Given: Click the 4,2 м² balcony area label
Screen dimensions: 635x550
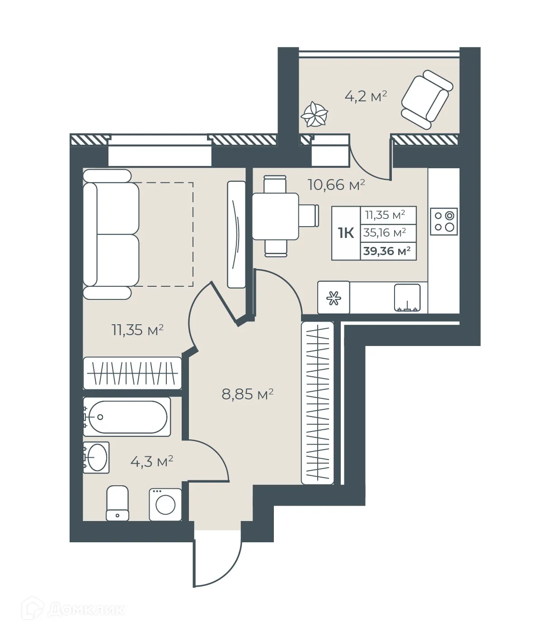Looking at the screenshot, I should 366,96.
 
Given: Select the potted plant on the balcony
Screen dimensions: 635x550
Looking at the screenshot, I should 314,114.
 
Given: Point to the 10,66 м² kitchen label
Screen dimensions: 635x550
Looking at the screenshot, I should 336,185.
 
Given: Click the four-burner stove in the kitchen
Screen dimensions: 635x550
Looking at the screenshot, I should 444,222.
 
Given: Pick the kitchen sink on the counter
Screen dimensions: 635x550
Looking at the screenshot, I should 407,298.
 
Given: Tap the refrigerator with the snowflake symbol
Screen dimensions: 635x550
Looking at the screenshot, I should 334,298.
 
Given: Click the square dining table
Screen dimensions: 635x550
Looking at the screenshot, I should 275,216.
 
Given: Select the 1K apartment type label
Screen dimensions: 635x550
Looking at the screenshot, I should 346,233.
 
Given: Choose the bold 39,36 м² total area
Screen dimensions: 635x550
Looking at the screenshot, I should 387,251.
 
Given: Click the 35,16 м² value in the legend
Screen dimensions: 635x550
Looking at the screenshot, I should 385,233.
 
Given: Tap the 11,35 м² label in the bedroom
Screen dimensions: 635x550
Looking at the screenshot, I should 137,330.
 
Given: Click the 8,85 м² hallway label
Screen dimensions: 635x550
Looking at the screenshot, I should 247,394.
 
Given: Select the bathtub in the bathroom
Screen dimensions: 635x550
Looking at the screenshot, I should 127,417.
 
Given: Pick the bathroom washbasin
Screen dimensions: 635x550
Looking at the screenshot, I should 97,457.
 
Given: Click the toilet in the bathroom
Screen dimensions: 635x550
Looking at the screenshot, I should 117,503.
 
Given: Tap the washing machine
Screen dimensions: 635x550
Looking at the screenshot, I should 165,504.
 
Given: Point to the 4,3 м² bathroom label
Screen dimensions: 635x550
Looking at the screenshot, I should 151,462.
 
